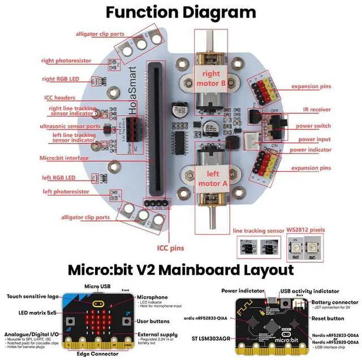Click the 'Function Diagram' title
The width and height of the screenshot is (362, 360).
click(x=181, y=12)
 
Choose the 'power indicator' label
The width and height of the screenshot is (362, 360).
click(x=311, y=150)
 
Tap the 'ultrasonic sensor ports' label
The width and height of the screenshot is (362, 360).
click(x=70, y=126)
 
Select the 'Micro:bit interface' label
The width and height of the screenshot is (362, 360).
click(x=64, y=159)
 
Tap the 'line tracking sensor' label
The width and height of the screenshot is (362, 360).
click(x=258, y=231)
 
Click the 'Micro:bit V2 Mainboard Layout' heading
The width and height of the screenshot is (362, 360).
click(x=181, y=269)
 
